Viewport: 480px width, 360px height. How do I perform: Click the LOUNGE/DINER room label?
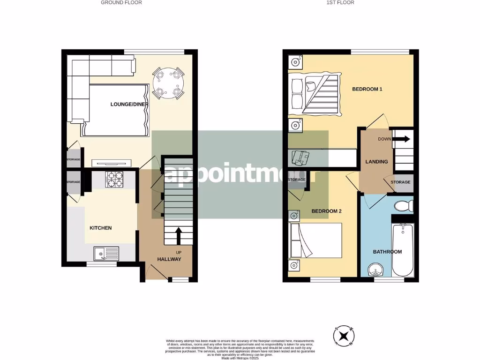click(x=129, y=104)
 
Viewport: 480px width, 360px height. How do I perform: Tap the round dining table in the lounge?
click(x=168, y=83)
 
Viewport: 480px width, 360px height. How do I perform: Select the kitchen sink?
click(x=107, y=254)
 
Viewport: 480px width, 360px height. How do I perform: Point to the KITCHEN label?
click(x=101, y=228)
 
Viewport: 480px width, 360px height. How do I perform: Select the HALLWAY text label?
click(x=169, y=259)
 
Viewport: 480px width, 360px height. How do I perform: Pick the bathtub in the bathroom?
click(x=403, y=250)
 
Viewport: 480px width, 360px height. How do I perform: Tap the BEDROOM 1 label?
click(x=367, y=89)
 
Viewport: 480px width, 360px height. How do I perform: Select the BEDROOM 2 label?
click(x=326, y=211)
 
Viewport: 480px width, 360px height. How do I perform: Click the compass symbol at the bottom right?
click(x=344, y=336)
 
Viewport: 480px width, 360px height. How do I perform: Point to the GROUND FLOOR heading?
click(x=121, y=2)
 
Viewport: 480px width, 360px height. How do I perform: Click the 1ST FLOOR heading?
click(x=340, y=2)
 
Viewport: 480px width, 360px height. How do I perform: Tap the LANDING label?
click(x=376, y=162)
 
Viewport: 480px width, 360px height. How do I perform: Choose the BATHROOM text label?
click(x=387, y=252)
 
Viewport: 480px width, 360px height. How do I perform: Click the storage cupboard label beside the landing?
click(x=400, y=182)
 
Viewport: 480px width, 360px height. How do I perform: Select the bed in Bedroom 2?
click(x=315, y=240)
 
